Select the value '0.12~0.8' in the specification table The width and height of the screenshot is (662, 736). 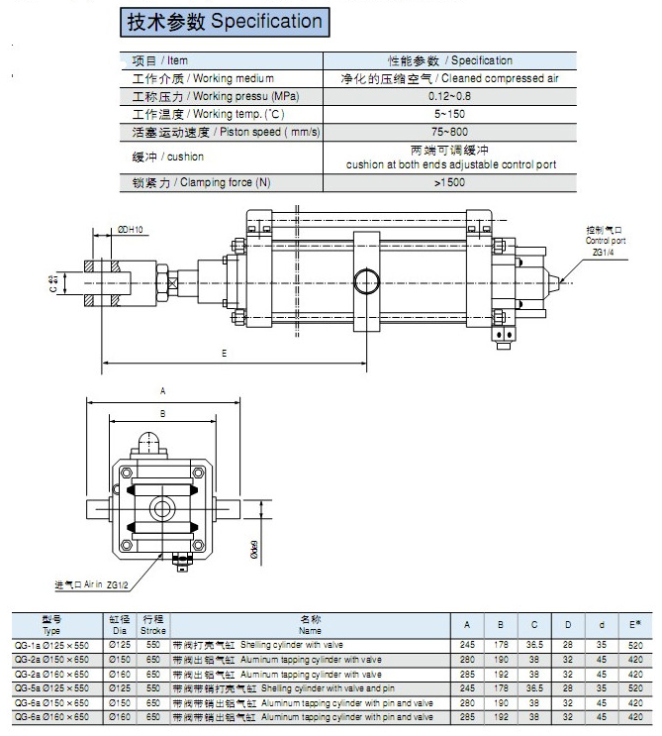450,95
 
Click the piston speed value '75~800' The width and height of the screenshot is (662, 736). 450,131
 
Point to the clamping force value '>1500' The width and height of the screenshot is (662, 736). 450,183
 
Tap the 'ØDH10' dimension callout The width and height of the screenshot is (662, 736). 131,229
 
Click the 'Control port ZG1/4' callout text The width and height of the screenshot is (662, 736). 606,241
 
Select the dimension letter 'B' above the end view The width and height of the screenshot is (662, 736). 162,413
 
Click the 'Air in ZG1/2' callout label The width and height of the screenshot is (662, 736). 97,586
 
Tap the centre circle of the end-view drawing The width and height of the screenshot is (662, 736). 162,508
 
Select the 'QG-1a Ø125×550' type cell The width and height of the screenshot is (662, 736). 51,644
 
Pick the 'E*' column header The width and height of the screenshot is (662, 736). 633,624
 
